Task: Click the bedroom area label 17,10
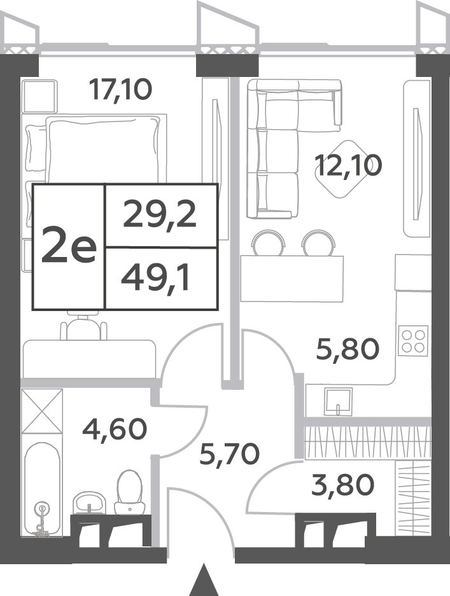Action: pyautogui.click(x=120, y=89)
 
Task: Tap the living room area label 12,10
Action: pyautogui.click(x=348, y=166)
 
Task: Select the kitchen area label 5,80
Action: pyautogui.click(x=348, y=349)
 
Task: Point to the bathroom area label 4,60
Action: pyautogui.click(x=115, y=429)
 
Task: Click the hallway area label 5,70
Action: pyautogui.click(x=230, y=454)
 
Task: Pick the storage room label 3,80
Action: pyautogui.click(x=342, y=485)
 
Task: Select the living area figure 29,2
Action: pyautogui.click(x=160, y=215)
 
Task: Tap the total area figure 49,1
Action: pyautogui.click(x=155, y=278)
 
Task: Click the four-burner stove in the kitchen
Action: pyautogui.click(x=413, y=341)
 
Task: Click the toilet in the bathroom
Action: pyautogui.click(x=130, y=492)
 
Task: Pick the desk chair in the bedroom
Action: pyautogui.click(x=83, y=326)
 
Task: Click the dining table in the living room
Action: pyautogui.click(x=292, y=279)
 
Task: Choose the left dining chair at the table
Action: pyautogui.click(x=269, y=242)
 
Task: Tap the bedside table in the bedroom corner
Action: pyautogui.click(x=39, y=96)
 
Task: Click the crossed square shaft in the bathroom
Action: pyautogui.click(x=42, y=411)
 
